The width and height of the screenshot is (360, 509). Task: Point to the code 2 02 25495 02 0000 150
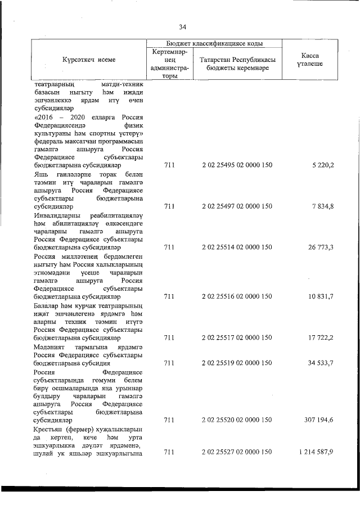pyautogui.click(x=237, y=166)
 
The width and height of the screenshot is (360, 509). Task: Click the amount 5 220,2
pyautogui.click(x=322, y=166)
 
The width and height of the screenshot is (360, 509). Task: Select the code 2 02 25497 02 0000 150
pyautogui.click(x=237, y=206)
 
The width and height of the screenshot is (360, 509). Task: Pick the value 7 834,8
pyautogui.click(x=322, y=206)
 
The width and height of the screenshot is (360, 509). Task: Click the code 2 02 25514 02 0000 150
pyautogui.click(x=237, y=247)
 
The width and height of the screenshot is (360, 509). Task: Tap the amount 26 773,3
pyautogui.click(x=319, y=247)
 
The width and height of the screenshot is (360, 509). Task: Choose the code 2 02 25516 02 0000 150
pyautogui.click(x=237, y=296)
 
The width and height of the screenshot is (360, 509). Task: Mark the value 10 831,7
pyautogui.click(x=319, y=296)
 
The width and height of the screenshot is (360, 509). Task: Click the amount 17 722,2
pyautogui.click(x=319, y=338)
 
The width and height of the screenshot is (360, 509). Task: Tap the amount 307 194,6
pyautogui.click(x=317, y=420)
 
